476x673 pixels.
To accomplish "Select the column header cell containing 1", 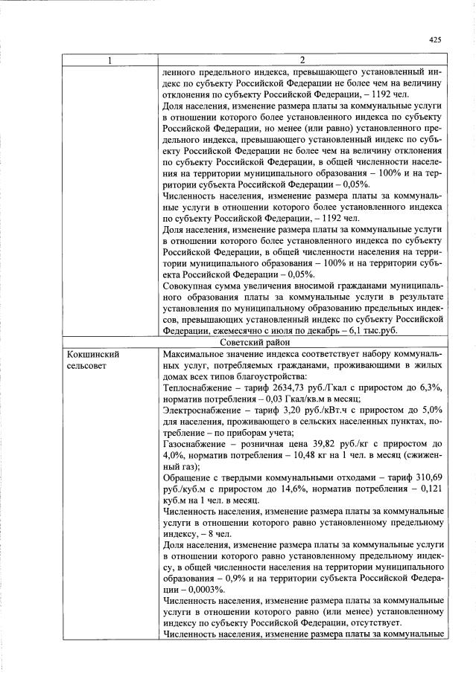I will pos(110,60).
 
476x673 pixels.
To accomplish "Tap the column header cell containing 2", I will pos(302,60).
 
